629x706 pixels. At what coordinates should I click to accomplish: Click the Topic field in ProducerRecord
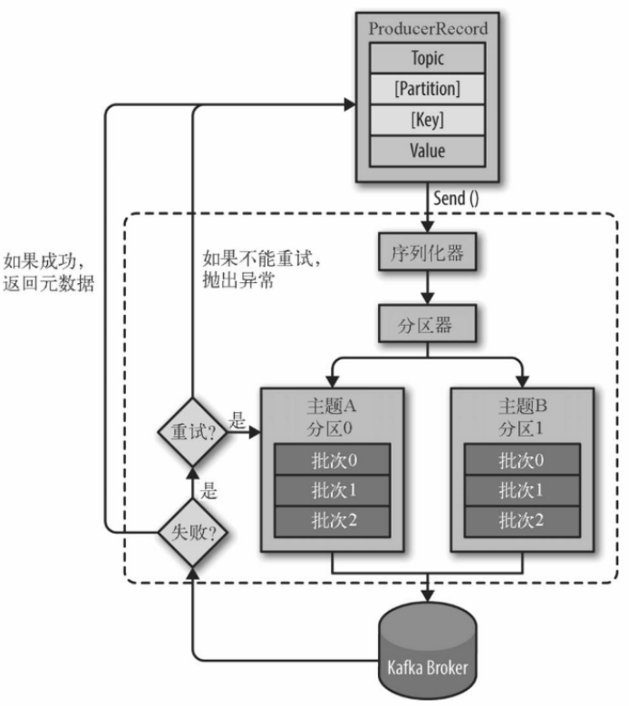[x=428, y=58]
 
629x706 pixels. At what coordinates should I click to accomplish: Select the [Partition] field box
[x=428, y=89]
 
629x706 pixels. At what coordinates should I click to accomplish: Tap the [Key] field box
[x=428, y=120]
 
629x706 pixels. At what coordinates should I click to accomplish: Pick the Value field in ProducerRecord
[x=428, y=151]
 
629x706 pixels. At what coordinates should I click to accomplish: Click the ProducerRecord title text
[x=428, y=28]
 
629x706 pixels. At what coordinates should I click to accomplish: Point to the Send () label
[x=454, y=199]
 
